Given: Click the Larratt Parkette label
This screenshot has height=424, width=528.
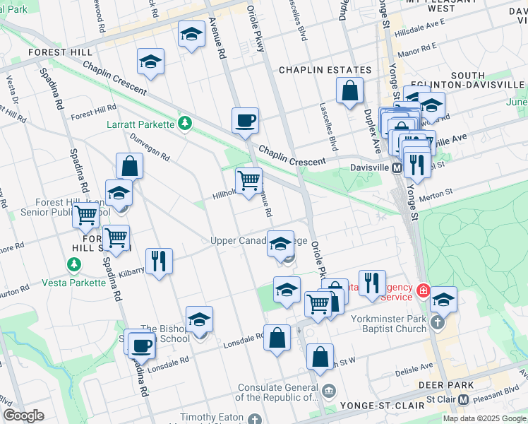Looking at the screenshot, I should (x=140, y=125).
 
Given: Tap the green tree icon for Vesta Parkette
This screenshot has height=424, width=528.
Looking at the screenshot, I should (x=73, y=265).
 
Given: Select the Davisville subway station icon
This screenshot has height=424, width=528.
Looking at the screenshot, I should (x=397, y=168).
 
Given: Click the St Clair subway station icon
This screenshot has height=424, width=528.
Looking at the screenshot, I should (x=464, y=399).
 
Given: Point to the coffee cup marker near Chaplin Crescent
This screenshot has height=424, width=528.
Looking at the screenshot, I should (x=245, y=121).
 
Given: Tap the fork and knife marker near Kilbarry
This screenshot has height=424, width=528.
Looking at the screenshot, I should (x=159, y=261).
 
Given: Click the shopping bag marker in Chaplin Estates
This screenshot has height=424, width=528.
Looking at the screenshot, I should (x=349, y=91).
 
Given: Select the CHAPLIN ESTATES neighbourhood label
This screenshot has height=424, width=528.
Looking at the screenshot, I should (x=325, y=71).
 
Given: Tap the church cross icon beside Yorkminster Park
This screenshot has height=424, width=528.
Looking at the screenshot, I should (x=437, y=323).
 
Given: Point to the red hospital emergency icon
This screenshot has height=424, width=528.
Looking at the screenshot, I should (x=423, y=290).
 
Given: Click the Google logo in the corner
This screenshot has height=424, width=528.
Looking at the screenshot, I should (x=23, y=416).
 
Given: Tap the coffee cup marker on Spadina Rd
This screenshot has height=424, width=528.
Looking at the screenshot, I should (x=141, y=346).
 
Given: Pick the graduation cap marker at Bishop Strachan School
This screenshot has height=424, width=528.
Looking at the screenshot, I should (x=199, y=320).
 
